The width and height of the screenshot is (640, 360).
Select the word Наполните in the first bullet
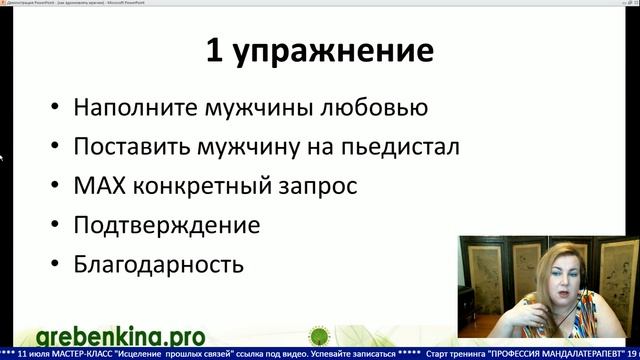pyautogui.click(x=128, y=108)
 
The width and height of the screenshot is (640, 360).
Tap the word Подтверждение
pyautogui.click(x=167, y=225)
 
